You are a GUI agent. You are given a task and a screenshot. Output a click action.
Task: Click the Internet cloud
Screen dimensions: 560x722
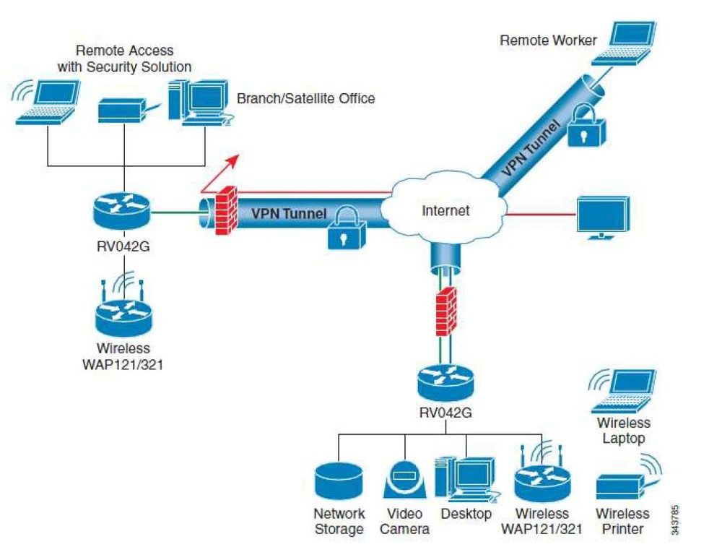(445, 210)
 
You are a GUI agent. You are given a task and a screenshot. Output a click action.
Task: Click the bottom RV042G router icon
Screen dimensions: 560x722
(445, 382)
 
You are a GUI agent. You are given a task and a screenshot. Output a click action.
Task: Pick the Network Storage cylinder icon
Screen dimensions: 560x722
(338, 480)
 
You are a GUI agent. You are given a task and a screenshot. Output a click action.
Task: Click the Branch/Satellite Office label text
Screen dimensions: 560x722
(305, 98)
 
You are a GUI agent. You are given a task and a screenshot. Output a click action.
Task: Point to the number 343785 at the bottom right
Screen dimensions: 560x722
(676, 518)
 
